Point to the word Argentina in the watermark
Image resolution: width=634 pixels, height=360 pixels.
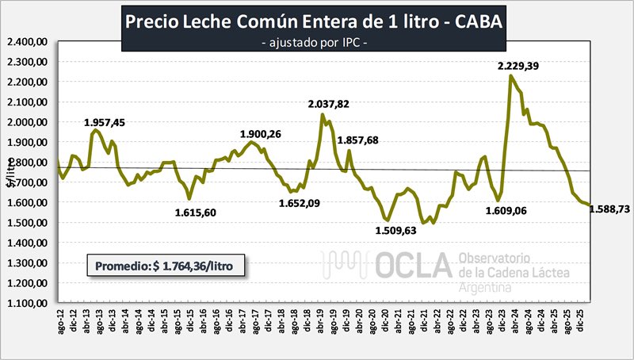click(484, 286)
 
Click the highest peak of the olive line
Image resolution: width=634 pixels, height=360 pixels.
click(511, 76)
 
